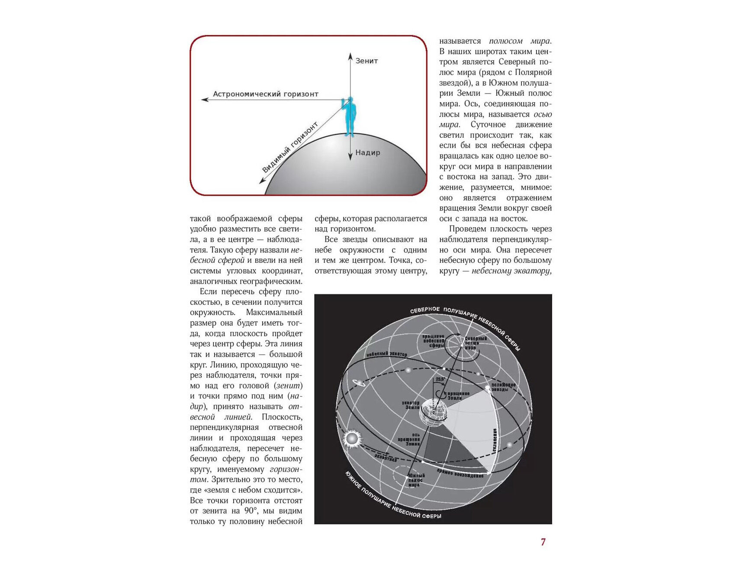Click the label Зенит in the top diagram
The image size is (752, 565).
[x=366, y=61]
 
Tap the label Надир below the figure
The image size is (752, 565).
[x=367, y=152]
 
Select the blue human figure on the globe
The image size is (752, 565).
[x=350, y=116]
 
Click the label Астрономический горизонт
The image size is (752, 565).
[x=265, y=94]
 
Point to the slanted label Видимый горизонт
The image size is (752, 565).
[x=290, y=147]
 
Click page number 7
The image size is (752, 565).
[x=543, y=542]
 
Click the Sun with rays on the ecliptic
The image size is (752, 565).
[x=352, y=439]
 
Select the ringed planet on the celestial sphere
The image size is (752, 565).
[x=359, y=382]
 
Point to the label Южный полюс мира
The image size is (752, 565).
[x=416, y=480]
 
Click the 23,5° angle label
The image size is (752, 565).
[x=440, y=379]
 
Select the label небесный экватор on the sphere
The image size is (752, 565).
[x=386, y=354]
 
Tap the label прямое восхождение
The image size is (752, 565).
[x=460, y=473]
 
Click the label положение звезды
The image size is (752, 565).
[x=503, y=387]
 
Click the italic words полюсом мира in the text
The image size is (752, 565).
[x=520, y=41]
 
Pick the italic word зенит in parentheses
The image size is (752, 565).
[x=288, y=386]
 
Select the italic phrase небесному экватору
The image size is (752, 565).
[x=511, y=271]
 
